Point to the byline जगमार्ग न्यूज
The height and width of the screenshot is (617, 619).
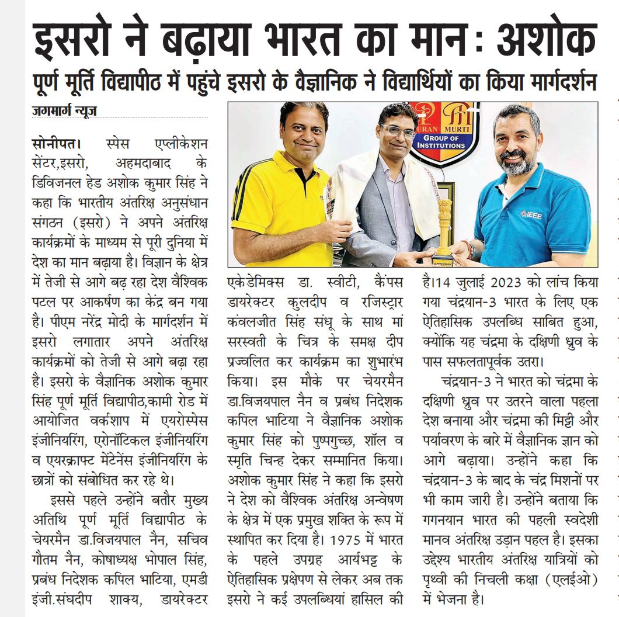64,110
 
